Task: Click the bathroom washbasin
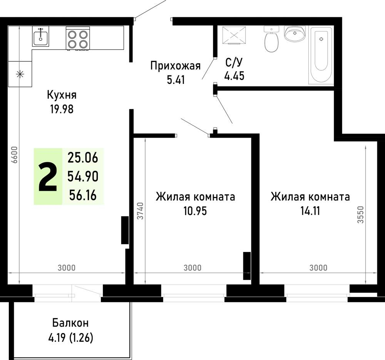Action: click(x=295, y=33)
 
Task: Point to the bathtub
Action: click(x=321, y=56)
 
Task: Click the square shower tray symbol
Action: click(x=234, y=35)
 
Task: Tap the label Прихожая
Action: click(x=175, y=66)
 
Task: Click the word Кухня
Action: click(x=62, y=95)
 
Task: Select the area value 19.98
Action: click(x=62, y=109)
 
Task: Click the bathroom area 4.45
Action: click(x=234, y=76)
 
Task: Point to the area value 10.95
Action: click(x=195, y=211)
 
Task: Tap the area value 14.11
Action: click(x=310, y=211)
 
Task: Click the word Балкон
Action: click(x=70, y=323)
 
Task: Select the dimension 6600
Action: click(x=15, y=155)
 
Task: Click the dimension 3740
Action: click(x=140, y=211)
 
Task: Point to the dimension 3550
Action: click(x=360, y=215)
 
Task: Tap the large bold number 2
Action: click(x=48, y=177)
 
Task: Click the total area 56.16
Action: click(x=83, y=195)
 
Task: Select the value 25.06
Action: click(x=83, y=157)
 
